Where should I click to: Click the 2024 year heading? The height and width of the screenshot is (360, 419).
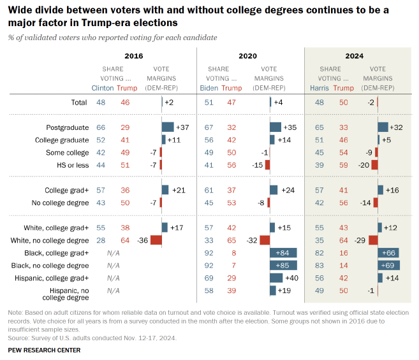coord(355,56)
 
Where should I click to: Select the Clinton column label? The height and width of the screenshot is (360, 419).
coord(102,88)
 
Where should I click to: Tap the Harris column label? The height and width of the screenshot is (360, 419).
coord(319,88)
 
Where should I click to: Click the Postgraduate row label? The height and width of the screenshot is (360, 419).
coord(67,127)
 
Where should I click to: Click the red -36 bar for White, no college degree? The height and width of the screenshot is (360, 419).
coord(155,240)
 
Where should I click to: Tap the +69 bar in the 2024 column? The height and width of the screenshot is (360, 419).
coord(388,265)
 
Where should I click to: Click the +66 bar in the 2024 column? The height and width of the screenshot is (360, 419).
coord(388,253)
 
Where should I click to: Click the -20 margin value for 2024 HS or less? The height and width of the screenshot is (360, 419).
coord(362,165)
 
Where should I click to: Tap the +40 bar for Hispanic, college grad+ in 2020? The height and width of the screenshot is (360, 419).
coord(276,278)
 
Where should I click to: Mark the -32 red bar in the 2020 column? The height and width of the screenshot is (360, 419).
coord(265,240)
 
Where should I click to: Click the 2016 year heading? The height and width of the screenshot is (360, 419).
coord(134,56)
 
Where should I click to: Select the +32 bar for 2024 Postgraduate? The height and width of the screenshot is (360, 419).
coord(383,127)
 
